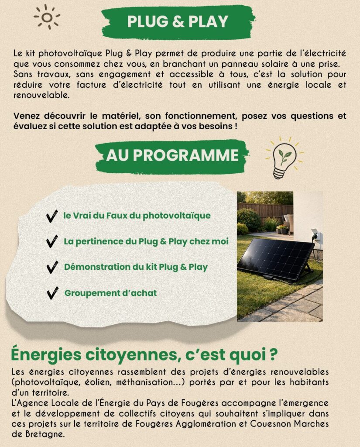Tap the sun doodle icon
tap(47, 17)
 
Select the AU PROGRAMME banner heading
tap(172, 155)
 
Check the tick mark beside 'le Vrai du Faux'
tap(52, 216)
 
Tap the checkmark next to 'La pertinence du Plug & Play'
tap(52, 241)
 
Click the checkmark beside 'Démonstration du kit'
tap(52, 267)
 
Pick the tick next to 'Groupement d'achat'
tap(52, 293)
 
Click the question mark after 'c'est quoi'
tap(271, 354)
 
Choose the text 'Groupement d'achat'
tap(110, 293)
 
